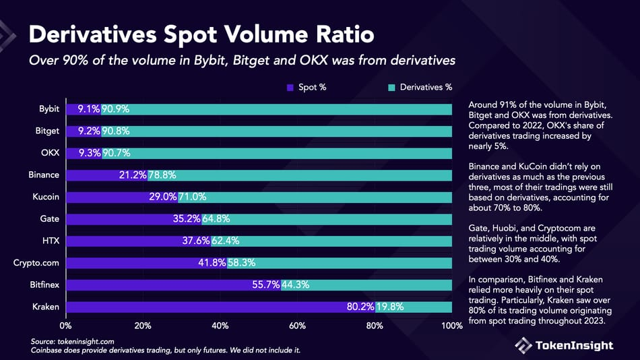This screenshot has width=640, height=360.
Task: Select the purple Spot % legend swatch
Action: [x=290, y=87]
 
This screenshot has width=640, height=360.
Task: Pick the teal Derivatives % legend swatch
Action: [x=391, y=87]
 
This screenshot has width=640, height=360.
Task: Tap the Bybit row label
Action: [x=49, y=109]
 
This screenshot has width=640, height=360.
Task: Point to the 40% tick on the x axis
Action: [x=220, y=326]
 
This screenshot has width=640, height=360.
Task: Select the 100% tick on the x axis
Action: [x=451, y=326]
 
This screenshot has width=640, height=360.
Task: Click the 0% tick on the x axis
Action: [x=66, y=326]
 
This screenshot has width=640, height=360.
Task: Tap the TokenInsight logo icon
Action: [x=524, y=345]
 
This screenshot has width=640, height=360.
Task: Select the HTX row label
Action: [x=51, y=241]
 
